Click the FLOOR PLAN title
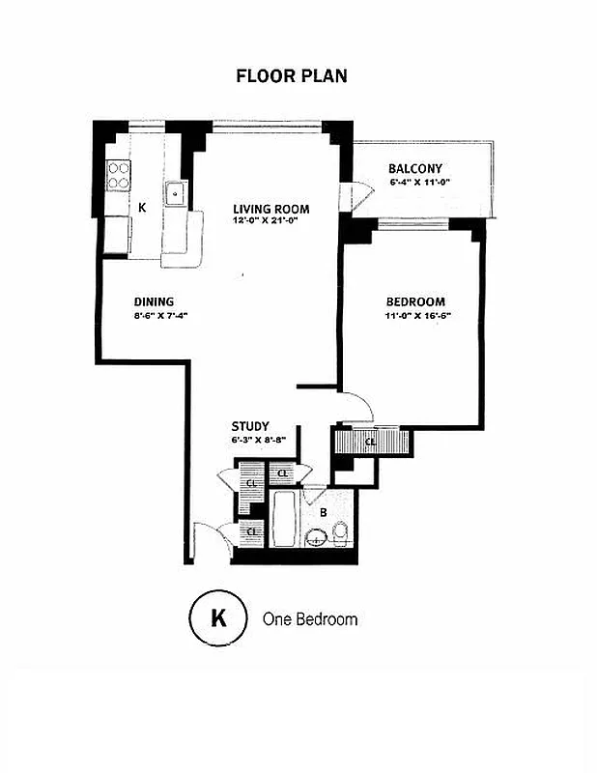[x=291, y=75]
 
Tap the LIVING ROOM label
[x=270, y=209]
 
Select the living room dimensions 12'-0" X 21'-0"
[x=270, y=220]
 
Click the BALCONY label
[x=415, y=169]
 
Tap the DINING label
[x=154, y=301]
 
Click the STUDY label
[x=249, y=426]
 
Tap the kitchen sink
[x=177, y=194]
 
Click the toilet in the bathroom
[x=340, y=531]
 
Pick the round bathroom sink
[x=316, y=537]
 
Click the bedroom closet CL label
[x=371, y=443]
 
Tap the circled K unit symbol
[x=218, y=618]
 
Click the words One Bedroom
[x=310, y=618]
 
